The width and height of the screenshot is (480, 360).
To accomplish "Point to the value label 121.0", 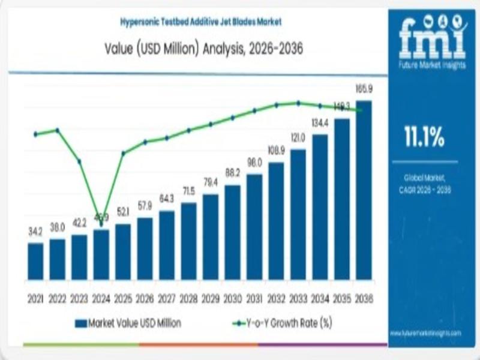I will [x=298, y=138].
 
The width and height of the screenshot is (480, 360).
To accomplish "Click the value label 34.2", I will [x=35, y=231].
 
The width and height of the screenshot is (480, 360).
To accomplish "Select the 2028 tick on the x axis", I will [x=188, y=298].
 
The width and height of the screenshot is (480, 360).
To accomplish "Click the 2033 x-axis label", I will [x=298, y=298].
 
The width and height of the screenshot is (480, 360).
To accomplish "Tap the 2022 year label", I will [x=57, y=298].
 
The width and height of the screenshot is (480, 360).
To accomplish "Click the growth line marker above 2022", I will [x=57, y=130].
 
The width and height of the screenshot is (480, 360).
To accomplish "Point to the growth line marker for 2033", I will [x=298, y=103].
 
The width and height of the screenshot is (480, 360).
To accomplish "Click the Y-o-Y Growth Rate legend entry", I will [x=282, y=323].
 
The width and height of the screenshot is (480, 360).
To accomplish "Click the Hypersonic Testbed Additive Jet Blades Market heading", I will [x=200, y=22].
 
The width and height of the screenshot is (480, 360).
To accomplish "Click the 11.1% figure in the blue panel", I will [x=424, y=138].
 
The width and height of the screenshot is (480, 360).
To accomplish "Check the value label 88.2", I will [x=232, y=173].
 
